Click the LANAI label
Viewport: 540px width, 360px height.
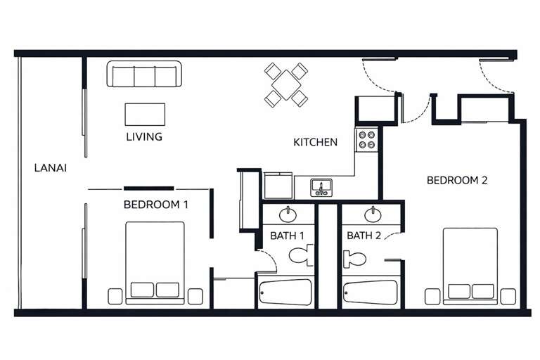50,168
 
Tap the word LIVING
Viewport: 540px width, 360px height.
144,136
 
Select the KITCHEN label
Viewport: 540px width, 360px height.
315,142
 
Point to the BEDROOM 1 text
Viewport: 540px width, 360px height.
155,205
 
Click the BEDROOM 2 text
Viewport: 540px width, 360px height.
457,180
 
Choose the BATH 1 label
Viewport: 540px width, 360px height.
287,236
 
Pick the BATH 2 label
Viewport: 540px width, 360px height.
364,236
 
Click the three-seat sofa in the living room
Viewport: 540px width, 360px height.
144,74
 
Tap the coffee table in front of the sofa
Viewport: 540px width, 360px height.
145,114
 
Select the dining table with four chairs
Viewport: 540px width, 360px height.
286,84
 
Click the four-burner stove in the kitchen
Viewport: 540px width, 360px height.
366,139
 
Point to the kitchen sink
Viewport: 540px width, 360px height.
321,188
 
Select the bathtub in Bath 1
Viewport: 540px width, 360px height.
285,292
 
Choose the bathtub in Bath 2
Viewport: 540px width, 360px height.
370,292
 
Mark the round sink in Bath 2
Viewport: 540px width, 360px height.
372,214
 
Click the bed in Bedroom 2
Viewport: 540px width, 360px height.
470,265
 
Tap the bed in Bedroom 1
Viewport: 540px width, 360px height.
155,262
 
